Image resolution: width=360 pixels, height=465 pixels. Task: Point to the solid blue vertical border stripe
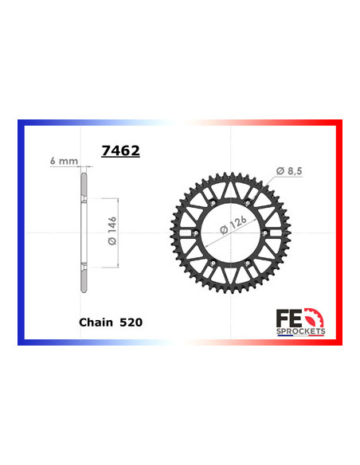(21, 232)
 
